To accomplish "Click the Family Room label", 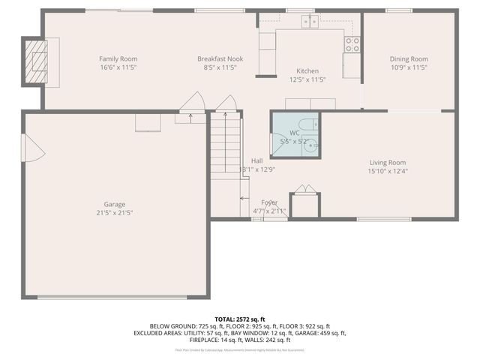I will (x=118, y=58).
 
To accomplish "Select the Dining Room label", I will (x=408, y=58).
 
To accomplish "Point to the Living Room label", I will (x=387, y=162).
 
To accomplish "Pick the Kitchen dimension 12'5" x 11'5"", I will (x=307, y=79).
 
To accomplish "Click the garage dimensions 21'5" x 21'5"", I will (x=114, y=213).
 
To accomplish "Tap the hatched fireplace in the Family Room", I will (x=36, y=59).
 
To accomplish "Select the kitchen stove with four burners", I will (x=352, y=44).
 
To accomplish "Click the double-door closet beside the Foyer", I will (x=304, y=203).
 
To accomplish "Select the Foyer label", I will (x=268, y=202).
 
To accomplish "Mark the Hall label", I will (x=256, y=160).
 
